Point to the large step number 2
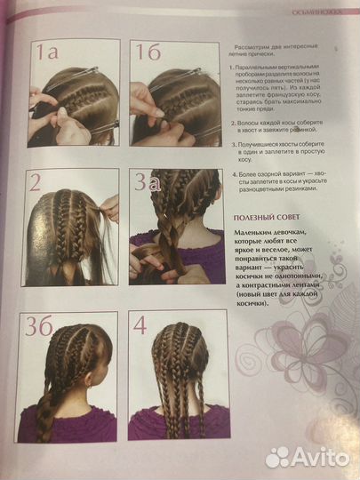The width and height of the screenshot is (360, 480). point(36,184)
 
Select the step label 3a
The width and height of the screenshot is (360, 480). point(147,184)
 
